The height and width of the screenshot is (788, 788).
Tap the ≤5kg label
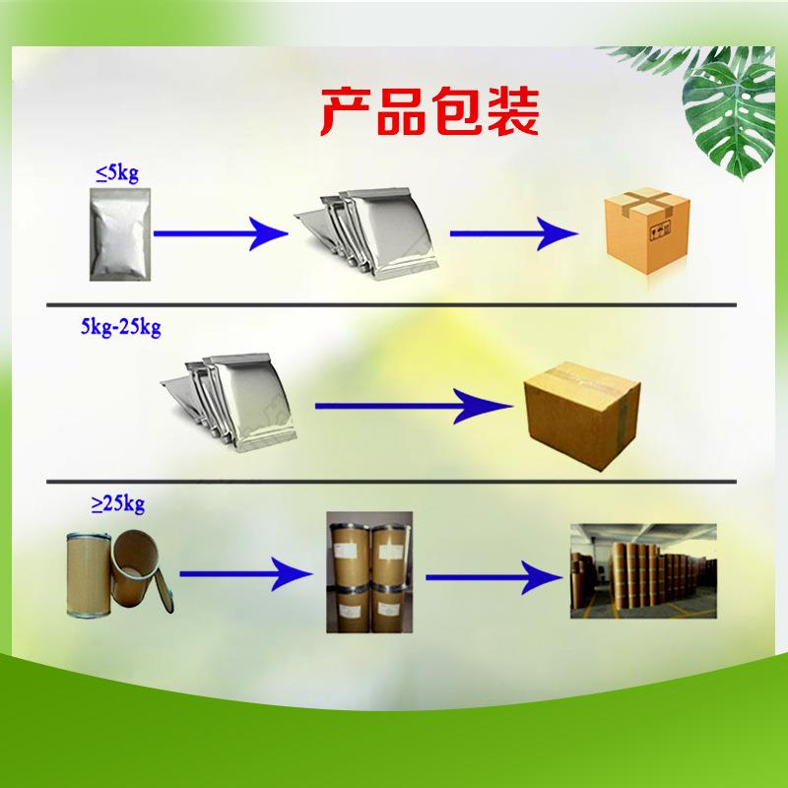[116, 174]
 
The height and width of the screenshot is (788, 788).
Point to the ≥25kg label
[118, 505]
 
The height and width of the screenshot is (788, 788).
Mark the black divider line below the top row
[394, 303]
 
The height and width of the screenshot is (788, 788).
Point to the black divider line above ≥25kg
[394, 482]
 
